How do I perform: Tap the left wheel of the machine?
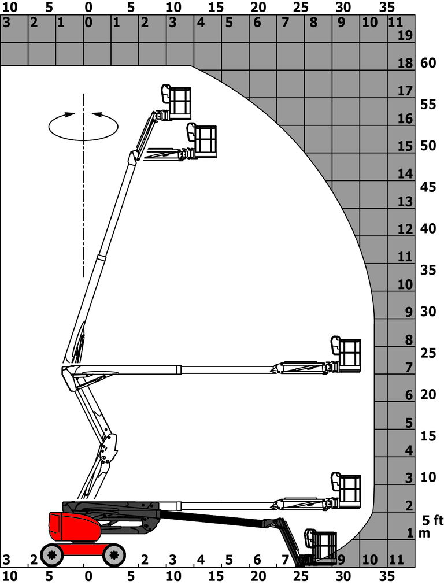(x=53, y=556)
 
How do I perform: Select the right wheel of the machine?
(x=114, y=556)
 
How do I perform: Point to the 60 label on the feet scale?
(x=428, y=63)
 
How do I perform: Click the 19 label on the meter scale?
(x=406, y=36)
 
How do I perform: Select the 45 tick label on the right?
(x=428, y=187)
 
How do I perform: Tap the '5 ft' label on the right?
(x=432, y=520)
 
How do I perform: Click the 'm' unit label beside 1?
(x=424, y=533)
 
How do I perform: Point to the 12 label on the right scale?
(x=406, y=229)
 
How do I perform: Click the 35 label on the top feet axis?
(x=387, y=8)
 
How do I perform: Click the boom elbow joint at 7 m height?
(x=66, y=370)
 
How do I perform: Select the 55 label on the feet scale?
(x=428, y=105)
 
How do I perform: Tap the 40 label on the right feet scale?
(x=428, y=228)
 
